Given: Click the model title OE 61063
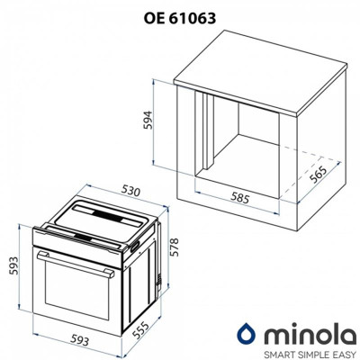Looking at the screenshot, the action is [179, 18].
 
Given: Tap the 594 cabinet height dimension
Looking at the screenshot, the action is [148, 120].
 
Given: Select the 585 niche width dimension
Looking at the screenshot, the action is [239, 198].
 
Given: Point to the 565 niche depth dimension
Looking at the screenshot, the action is [317, 175].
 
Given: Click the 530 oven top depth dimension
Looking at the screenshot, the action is [130, 191].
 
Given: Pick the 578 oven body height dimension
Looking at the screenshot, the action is [174, 247].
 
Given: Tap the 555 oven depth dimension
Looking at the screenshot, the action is [140, 330].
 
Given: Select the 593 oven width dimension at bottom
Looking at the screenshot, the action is [80, 340].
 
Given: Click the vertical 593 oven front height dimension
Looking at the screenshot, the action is [13, 265].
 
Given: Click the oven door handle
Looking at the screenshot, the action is [76, 264].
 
